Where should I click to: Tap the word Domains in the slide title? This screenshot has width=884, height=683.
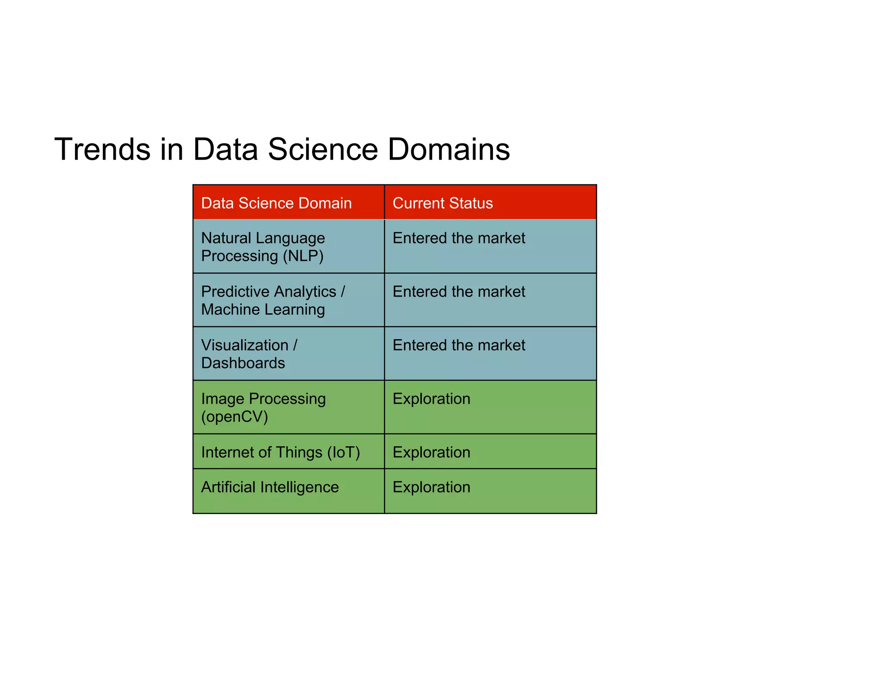(448, 149)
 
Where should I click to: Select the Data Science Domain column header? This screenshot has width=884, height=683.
(276, 203)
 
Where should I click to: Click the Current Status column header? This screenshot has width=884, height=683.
(442, 203)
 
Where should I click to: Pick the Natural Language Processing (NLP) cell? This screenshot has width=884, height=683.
(263, 247)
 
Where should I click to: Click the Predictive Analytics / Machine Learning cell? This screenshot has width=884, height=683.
(273, 300)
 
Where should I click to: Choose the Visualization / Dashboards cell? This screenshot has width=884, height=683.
(249, 354)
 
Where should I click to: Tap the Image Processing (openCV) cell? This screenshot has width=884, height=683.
(263, 408)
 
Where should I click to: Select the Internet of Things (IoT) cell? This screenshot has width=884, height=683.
(281, 452)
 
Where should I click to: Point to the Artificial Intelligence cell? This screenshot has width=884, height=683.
(270, 487)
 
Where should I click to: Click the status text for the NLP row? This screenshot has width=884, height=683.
(459, 238)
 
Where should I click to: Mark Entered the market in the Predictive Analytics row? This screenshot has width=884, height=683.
(459, 291)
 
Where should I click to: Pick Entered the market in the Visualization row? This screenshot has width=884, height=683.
(459, 345)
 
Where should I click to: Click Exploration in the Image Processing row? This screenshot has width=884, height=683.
(431, 398)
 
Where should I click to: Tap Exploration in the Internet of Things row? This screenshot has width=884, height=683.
(431, 452)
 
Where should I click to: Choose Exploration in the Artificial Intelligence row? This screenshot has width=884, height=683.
(431, 487)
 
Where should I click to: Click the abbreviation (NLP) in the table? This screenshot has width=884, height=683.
(303, 256)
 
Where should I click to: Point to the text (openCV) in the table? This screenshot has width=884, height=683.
(234, 417)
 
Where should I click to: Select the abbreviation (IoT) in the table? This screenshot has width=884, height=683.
(344, 452)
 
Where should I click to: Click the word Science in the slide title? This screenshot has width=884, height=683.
(323, 149)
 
